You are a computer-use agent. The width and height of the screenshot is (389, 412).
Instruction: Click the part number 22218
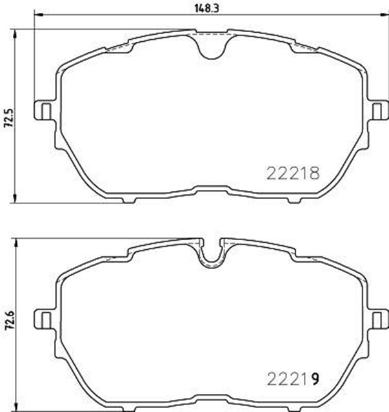point(294,173)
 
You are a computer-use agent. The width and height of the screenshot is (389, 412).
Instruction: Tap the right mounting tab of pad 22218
point(379,110)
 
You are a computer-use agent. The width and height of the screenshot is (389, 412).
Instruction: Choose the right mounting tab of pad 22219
point(379,319)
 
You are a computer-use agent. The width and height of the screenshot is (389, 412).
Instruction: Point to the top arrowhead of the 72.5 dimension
point(15,32)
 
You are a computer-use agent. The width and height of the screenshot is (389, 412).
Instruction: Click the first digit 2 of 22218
point(271,173)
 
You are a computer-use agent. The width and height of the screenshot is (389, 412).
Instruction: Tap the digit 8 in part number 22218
point(316,173)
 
